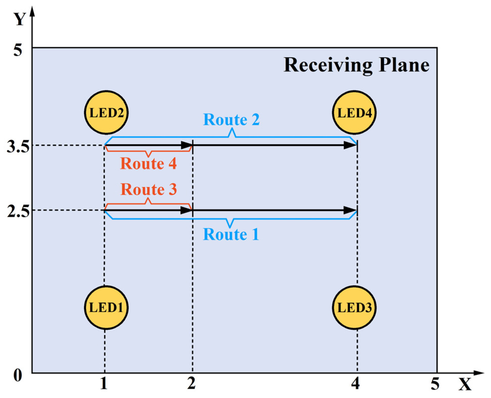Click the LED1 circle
[106, 307]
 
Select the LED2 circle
[106, 113]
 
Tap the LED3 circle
[354, 307]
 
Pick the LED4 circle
[354, 113]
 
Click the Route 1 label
[231, 234]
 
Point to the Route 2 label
[231, 119]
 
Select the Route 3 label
[148, 189]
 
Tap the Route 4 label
[148, 163]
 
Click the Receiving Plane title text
[356, 65]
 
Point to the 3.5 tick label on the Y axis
[18, 147]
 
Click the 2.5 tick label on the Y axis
[18, 212]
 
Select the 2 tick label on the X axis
[191, 383]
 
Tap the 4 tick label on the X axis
[355, 383]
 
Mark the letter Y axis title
[19, 19]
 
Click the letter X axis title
[465, 385]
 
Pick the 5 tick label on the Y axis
[17, 50]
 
